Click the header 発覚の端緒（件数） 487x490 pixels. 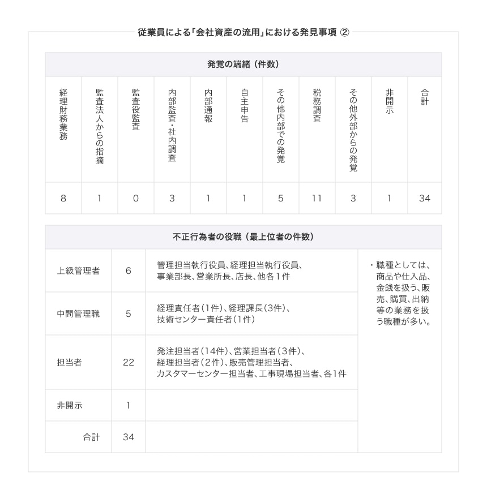243,65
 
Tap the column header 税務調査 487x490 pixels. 317,106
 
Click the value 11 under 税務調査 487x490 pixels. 317,198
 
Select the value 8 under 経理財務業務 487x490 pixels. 63,198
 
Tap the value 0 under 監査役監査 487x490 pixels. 135,198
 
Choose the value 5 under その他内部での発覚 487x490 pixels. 280,198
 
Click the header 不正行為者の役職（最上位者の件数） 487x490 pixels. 243,237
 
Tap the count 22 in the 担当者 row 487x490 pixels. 128,362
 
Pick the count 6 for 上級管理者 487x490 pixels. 128,270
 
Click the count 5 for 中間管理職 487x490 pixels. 128,313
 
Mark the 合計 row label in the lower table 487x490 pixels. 91,437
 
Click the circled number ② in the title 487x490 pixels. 344,32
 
